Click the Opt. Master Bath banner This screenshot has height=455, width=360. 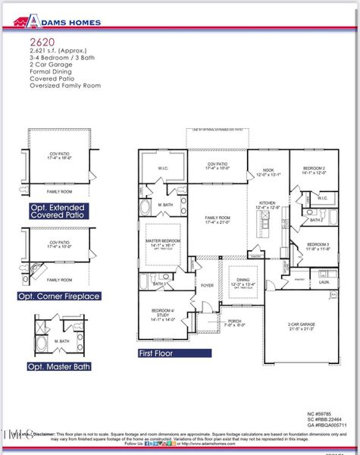tap(58, 366)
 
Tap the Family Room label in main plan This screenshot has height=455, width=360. tap(218, 220)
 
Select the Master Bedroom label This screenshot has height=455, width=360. tap(164, 242)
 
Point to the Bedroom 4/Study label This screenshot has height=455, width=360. tap(164, 312)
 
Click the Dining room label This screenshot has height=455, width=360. tap(244, 280)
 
